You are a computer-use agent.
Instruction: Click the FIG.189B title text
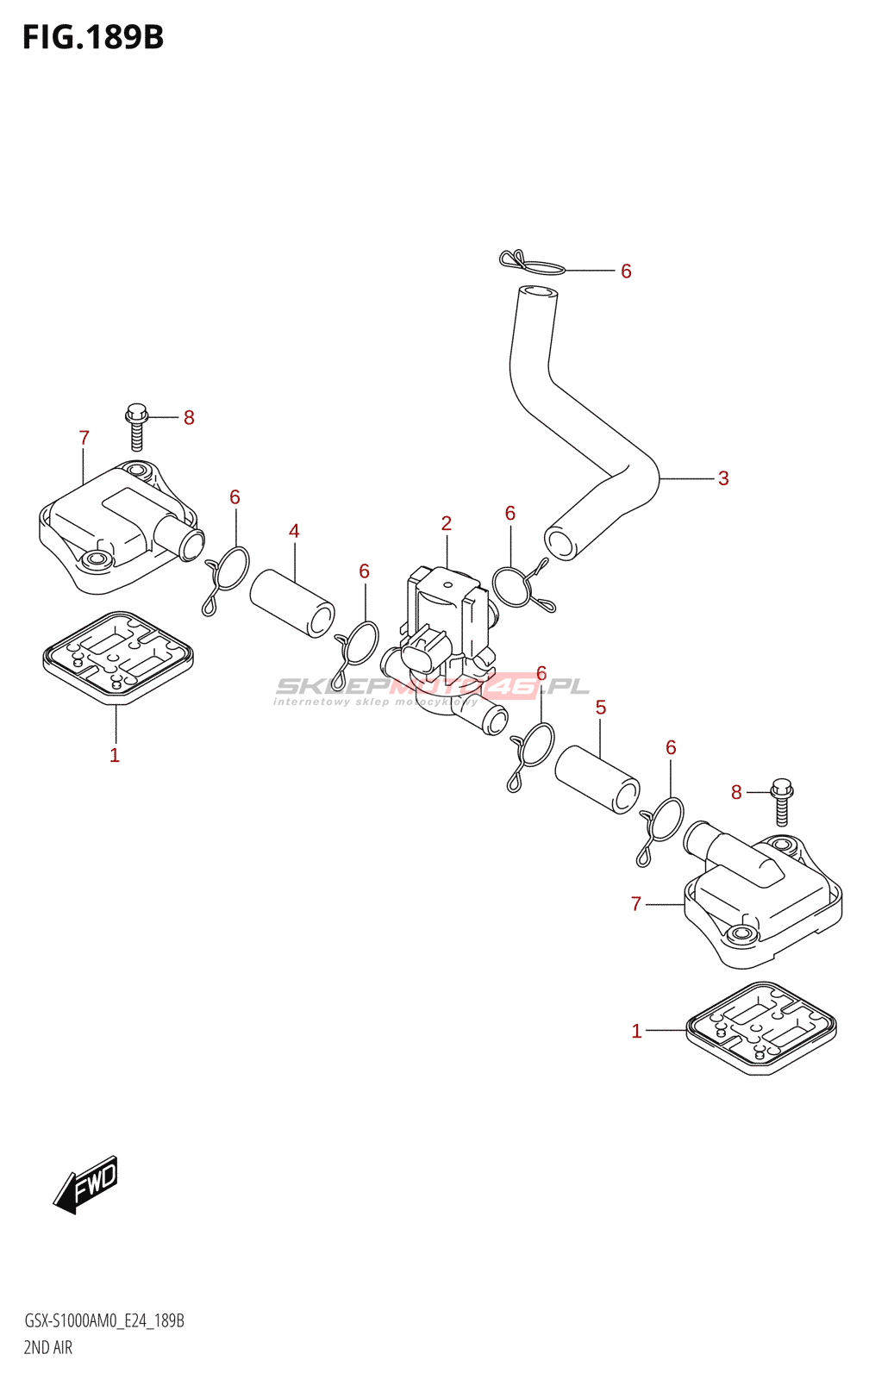pyautogui.click(x=93, y=37)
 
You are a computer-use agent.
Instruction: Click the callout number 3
pyautogui.click(x=723, y=478)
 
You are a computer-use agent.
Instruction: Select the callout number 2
pyautogui.click(x=447, y=523)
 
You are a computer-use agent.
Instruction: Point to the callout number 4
pyautogui.click(x=294, y=531)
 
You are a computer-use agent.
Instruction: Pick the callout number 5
pyautogui.click(x=601, y=708)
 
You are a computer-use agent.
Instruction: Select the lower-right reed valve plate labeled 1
pyautogui.click(x=761, y=1027)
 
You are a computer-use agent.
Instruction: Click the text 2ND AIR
pyautogui.click(x=48, y=1348)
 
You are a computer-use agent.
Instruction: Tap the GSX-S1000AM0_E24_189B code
pyautogui.click(x=103, y=1321)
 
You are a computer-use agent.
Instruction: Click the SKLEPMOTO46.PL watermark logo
pyautogui.click(x=431, y=689)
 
